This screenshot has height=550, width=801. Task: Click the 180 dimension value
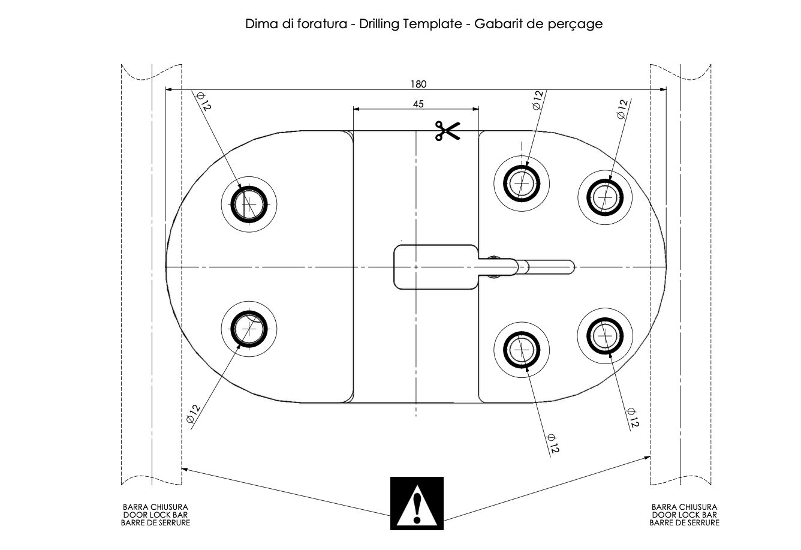click(x=418, y=85)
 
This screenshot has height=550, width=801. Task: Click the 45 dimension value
click(x=418, y=104)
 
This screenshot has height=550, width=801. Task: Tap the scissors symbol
click(x=447, y=131)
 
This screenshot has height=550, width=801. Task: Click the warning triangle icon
click(x=417, y=504)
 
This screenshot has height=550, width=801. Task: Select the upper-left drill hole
click(x=249, y=203)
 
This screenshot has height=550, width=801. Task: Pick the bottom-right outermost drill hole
click(x=604, y=335)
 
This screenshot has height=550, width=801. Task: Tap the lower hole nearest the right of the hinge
click(x=521, y=348)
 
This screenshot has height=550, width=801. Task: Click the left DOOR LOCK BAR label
click(x=155, y=515)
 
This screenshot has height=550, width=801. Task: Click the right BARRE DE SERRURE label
click(x=684, y=522)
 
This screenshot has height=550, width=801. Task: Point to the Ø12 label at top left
click(x=203, y=101)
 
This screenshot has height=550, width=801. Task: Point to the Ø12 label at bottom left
click(x=192, y=414)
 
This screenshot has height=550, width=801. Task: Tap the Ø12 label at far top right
click(x=622, y=109)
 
